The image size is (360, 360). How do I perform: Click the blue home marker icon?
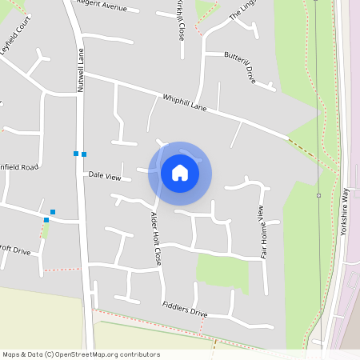coord(180,173)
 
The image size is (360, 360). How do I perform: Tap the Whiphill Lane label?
coord(185,102)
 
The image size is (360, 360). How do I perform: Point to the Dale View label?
coord(104,175)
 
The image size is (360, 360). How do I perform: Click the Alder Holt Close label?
coord(156,238)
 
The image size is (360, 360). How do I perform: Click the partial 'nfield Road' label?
coord(19,166)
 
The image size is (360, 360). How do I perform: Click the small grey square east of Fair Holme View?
coord(318,195)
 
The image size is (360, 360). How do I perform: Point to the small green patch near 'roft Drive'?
coord(46,230)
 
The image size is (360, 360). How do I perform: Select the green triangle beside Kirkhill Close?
coord(206,8)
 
